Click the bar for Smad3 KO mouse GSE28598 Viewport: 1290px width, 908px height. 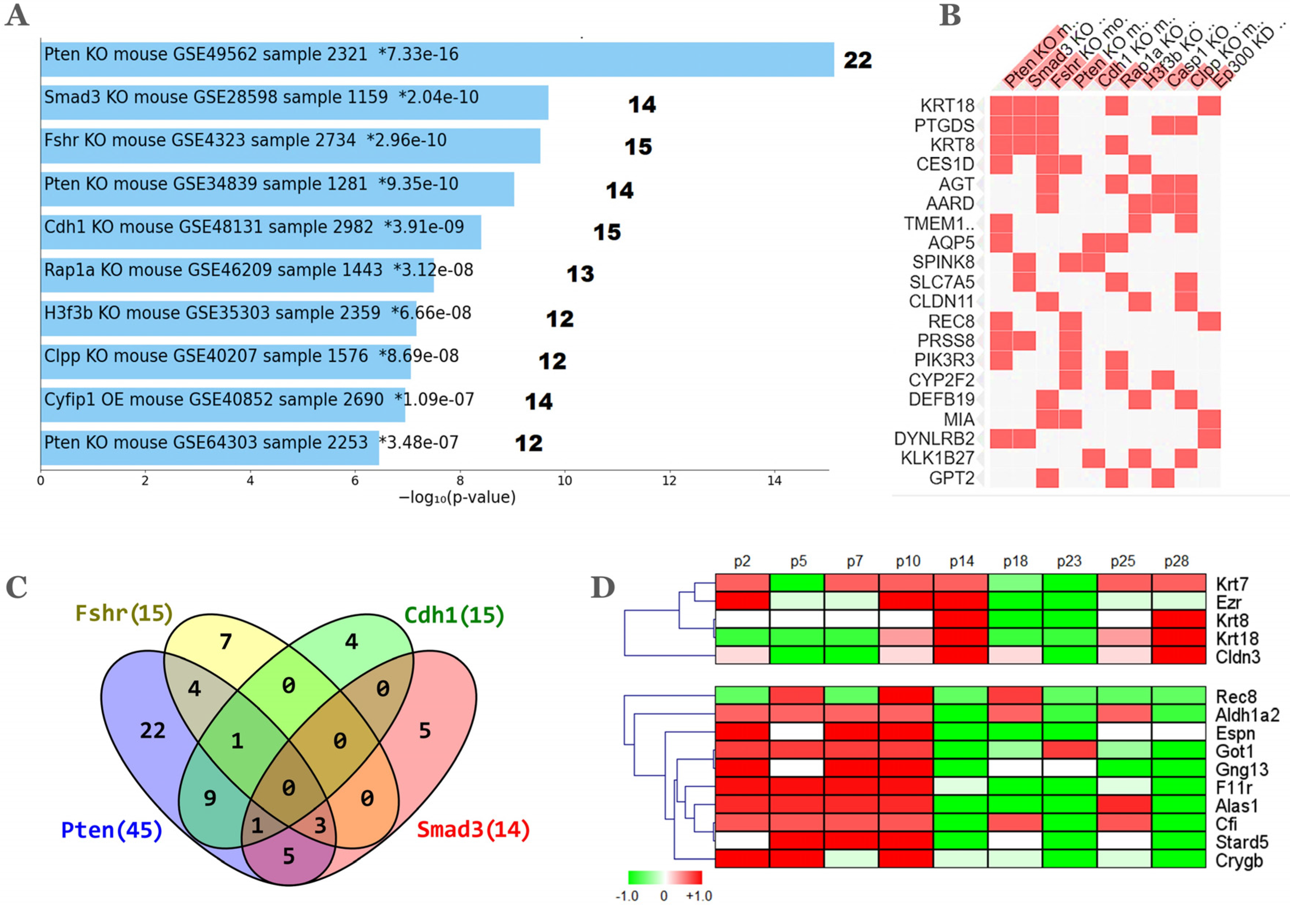[x=294, y=102]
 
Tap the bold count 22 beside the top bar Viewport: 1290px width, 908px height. [x=857, y=61]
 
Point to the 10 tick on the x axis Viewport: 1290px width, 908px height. [x=564, y=481]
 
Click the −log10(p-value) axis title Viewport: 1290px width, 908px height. [x=457, y=497]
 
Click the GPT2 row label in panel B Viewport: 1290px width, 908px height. [x=951, y=478]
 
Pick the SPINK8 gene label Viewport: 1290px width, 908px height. [x=943, y=262]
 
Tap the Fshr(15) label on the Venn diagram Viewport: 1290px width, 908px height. [x=123, y=613]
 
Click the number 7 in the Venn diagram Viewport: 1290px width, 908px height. [x=225, y=641]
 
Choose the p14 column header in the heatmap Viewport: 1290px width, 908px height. [x=961, y=561]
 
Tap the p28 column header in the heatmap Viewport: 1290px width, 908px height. [x=1176, y=561]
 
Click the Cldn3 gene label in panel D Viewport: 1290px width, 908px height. [x=1238, y=657]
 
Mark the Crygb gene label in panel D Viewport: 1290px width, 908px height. [x=1239, y=860]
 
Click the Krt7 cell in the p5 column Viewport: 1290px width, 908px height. [x=797, y=583]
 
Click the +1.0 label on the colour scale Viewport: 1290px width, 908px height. [x=699, y=896]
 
